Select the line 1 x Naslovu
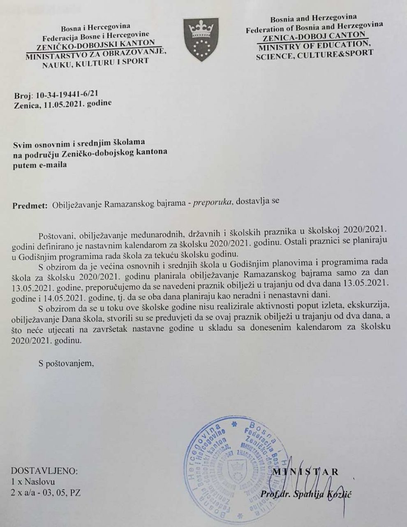[x=33, y=481]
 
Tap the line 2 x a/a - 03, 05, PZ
[x=45, y=492]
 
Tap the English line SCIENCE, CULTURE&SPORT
[x=314, y=54]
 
